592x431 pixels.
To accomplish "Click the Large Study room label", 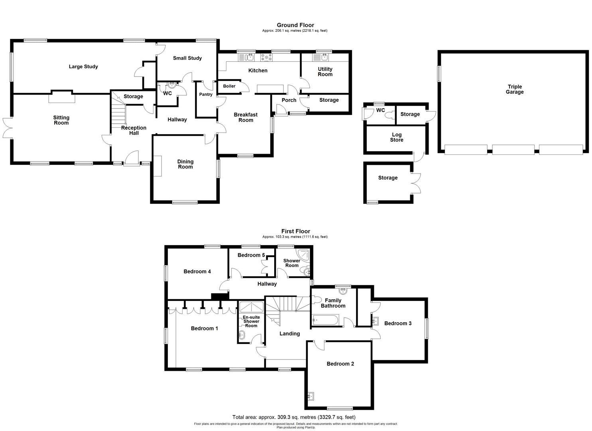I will tap(83, 67).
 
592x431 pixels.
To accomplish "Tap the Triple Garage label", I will tap(515, 89).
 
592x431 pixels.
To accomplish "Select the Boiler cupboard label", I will tap(229, 86).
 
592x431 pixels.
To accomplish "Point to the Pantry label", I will tap(206, 95).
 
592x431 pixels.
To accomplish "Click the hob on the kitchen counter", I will tap(266, 58).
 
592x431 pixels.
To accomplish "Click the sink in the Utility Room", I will tap(324, 58).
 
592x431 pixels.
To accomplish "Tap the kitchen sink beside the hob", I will tap(247, 58).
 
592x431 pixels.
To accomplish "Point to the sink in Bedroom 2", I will tap(311, 397).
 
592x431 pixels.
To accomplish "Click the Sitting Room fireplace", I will tap(61, 97).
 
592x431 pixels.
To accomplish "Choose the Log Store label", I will tap(396, 137).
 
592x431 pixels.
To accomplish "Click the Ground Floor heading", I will tap(295, 25).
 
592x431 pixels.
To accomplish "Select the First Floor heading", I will tap(295, 231).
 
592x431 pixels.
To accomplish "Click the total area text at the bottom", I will tap(294, 417).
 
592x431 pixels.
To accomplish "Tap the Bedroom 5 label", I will tap(251, 255).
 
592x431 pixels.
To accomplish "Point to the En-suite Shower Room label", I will tap(251, 321).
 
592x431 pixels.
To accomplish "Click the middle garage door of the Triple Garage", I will tap(513, 150).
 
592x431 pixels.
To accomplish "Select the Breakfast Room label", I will tap(246, 117).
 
